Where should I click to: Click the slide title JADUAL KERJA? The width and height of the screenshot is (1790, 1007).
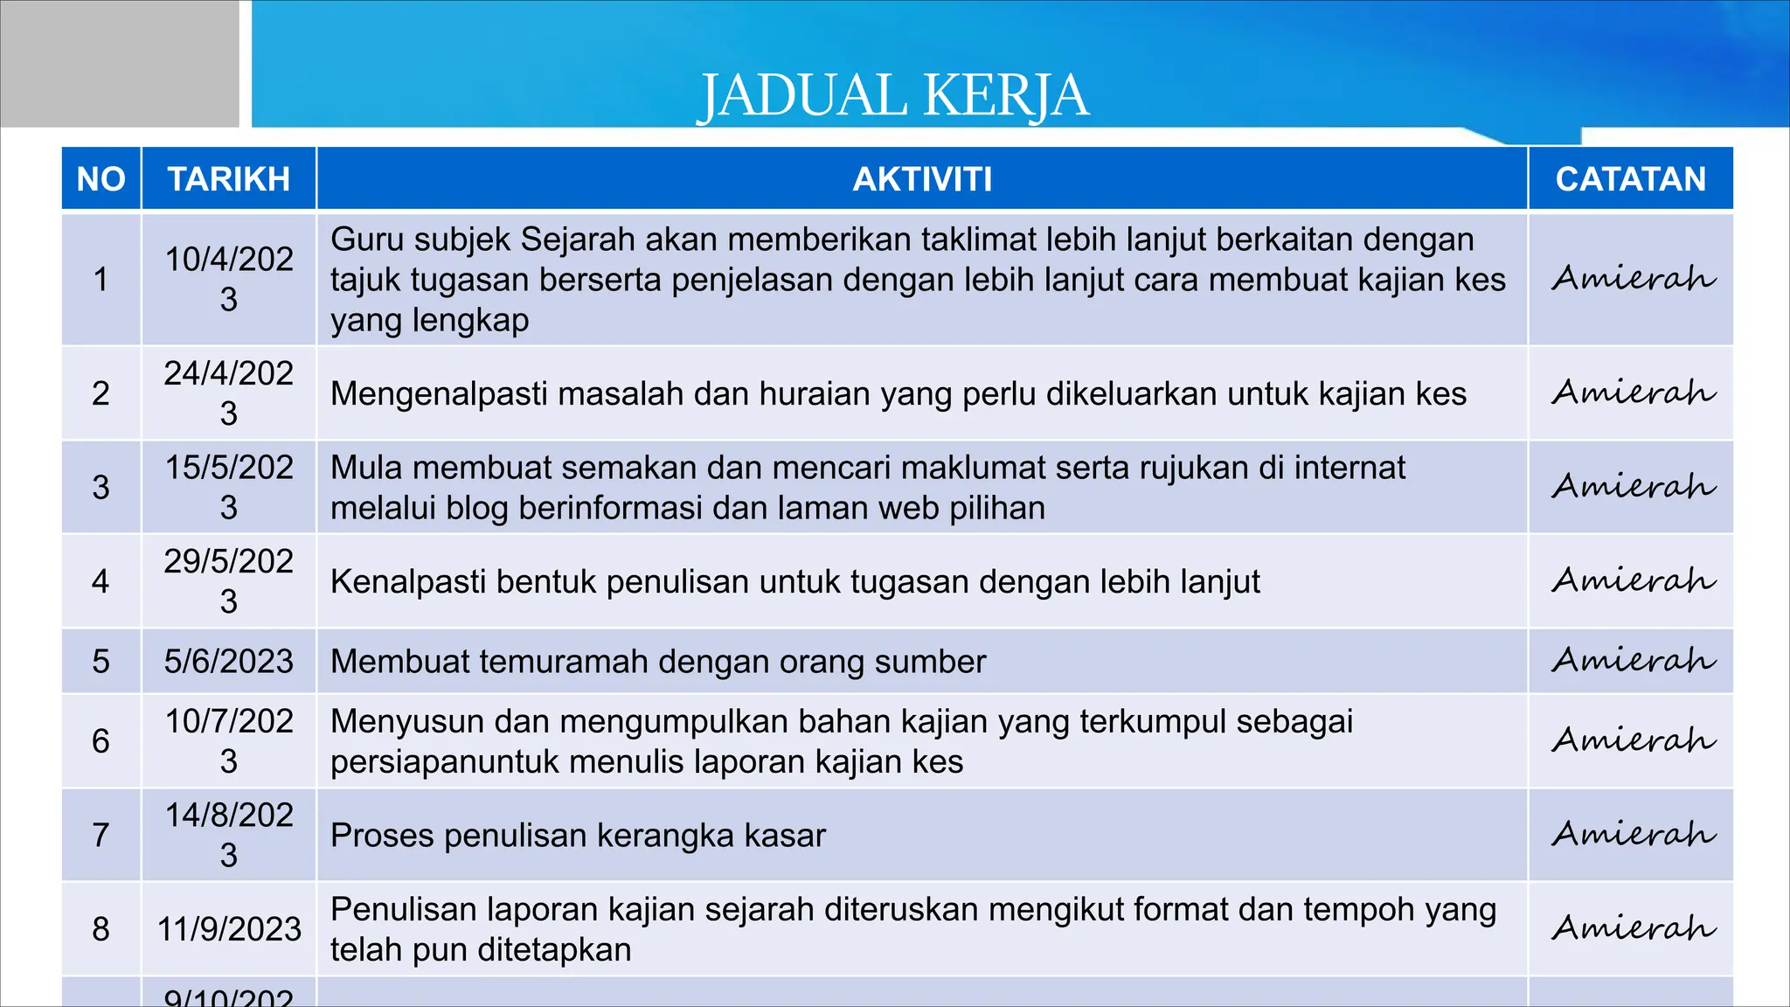[x=892, y=95]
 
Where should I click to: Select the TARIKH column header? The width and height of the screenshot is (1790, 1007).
[x=229, y=179]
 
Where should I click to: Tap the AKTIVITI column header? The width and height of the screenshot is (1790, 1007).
[x=922, y=179]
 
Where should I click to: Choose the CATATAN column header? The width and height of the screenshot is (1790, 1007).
[x=1630, y=179]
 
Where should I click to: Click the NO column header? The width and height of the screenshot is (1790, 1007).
[x=101, y=179]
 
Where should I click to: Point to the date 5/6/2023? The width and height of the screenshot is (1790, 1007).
[x=229, y=662]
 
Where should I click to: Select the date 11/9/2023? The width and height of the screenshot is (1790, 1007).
[x=229, y=929]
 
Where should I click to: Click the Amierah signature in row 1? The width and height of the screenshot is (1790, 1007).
[x=1633, y=279]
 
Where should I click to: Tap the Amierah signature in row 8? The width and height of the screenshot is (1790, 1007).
[x=1633, y=927]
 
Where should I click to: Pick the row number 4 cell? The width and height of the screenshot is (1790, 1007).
[x=101, y=581]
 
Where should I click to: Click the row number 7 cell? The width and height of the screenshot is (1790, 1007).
[x=101, y=835]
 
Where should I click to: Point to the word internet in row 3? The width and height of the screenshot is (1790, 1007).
[x=1349, y=468]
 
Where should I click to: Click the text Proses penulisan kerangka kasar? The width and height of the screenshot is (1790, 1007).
[x=578, y=836]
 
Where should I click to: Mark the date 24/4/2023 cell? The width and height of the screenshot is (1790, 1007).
[x=229, y=393]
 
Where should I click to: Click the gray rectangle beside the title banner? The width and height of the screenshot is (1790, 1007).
[x=120, y=63]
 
